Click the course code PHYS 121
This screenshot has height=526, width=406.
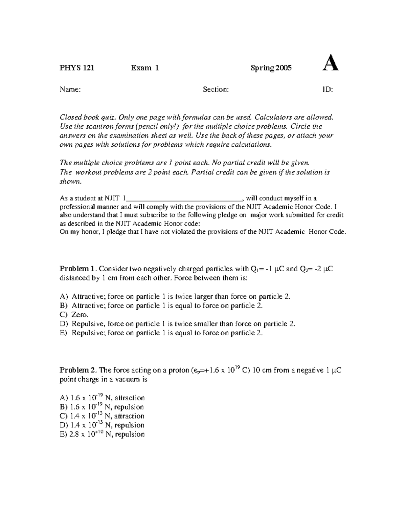(77, 68)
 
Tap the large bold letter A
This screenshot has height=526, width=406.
(331, 64)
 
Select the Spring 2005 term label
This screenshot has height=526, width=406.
(271, 68)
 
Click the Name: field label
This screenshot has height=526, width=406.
(70, 89)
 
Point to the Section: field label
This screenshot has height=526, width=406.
(216, 89)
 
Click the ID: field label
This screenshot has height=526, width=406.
(327, 89)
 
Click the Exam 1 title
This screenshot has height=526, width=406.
(145, 68)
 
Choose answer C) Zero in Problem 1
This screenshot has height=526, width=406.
(74, 315)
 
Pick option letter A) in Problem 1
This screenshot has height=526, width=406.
(64, 297)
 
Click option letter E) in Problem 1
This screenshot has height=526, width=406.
(64, 333)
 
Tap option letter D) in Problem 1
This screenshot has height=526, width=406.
(64, 324)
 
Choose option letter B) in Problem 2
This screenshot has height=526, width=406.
(64, 407)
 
